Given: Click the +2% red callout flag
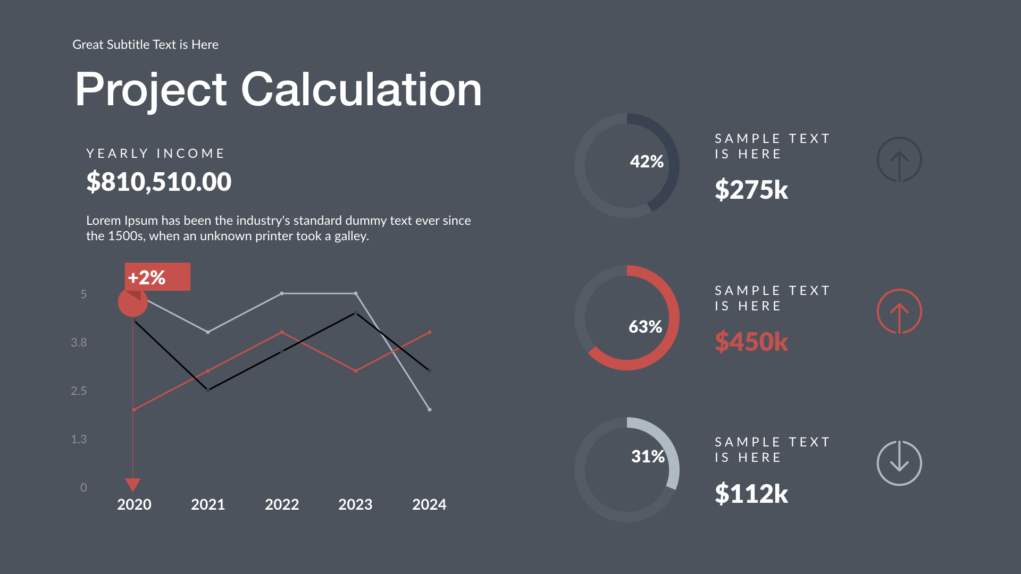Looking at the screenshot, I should (x=157, y=277).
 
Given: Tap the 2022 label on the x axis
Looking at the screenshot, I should (x=282, y=504).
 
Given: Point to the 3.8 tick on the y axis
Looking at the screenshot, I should (x=79, y=343).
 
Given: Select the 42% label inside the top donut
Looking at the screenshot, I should (x=647, y=162).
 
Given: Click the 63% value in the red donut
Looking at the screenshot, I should (x=645, y=326).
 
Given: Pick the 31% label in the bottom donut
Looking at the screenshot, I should (x=648, y=456).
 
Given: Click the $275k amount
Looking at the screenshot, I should (x=751, y=190).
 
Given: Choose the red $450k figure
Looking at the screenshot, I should (x=751, y=341).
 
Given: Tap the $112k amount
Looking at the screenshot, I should (x=751, y=494).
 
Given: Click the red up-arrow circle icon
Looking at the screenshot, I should (x=899, y=311).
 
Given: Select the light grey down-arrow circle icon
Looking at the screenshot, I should (x=899, y=463).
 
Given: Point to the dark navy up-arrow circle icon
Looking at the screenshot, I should (x=899, y=159).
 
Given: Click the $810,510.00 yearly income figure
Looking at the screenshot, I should (x=158, y=182).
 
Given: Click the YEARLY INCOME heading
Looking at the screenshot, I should (x=155, y=154).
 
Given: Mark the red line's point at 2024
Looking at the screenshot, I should (x=430, y=332).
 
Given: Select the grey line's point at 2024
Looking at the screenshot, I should (x=430, y=409).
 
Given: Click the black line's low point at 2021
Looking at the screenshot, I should (x=208, y=390).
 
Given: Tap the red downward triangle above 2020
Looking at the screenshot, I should (x=133, y=484).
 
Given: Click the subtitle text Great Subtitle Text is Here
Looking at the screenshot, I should (x=145, y=45).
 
